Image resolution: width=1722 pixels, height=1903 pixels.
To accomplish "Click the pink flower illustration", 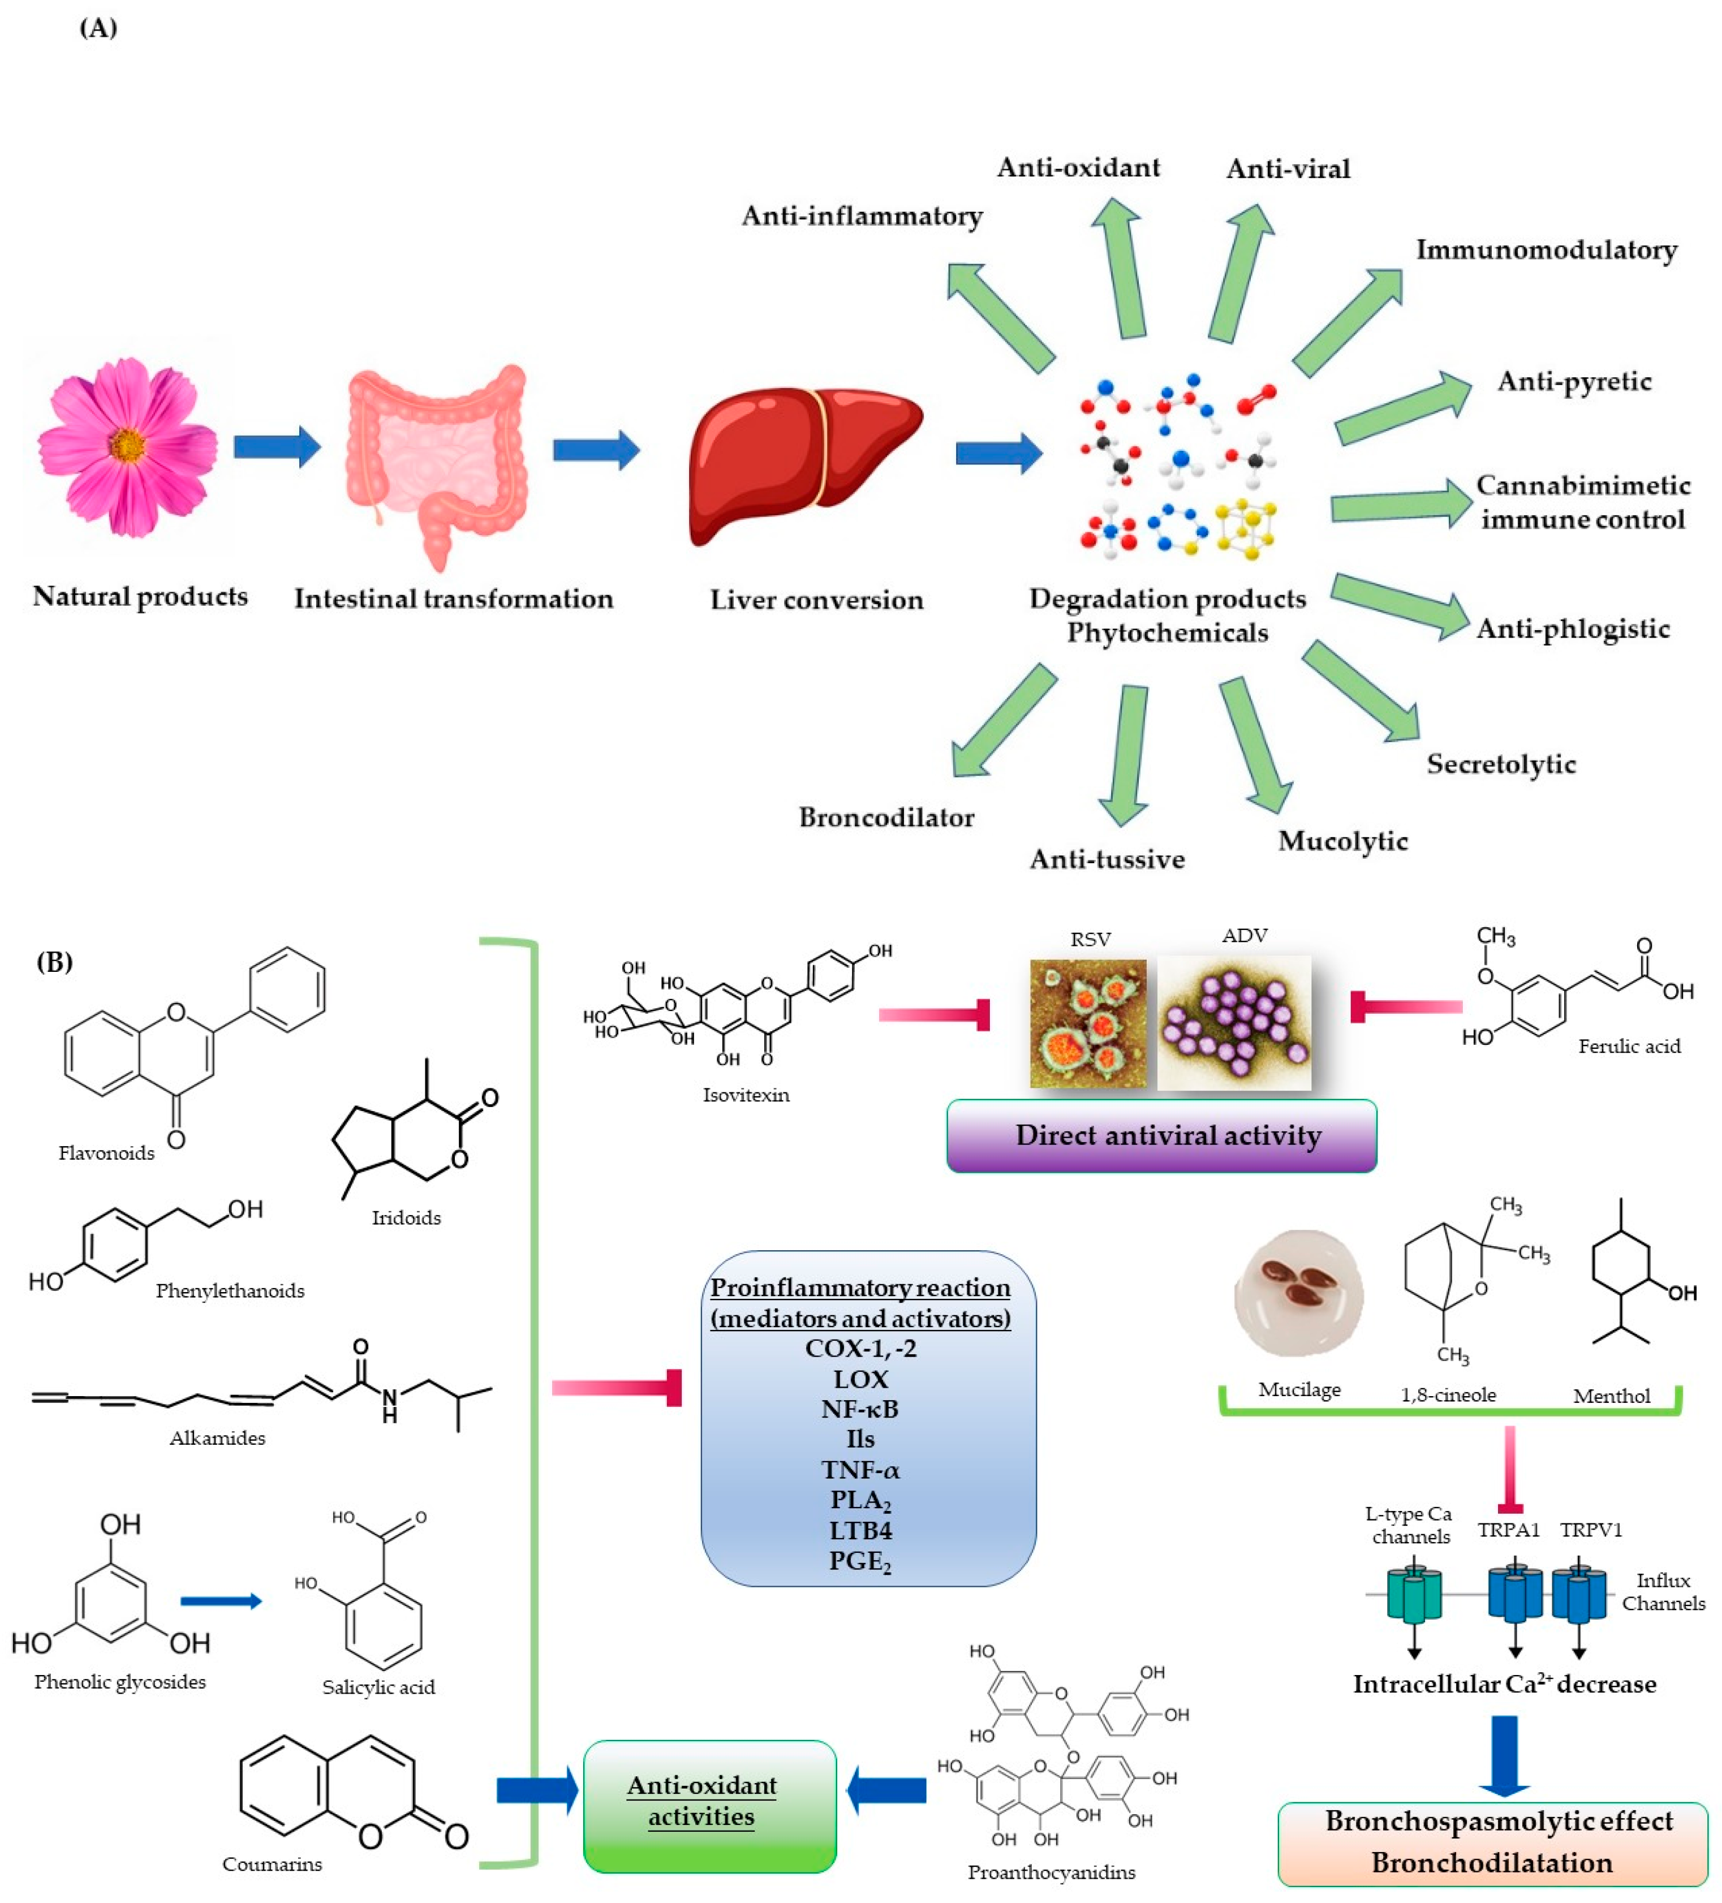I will (127, 446).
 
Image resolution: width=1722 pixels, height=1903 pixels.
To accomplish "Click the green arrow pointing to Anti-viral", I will (1239, 274).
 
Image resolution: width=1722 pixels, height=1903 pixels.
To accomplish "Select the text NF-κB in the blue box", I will (859, 1409).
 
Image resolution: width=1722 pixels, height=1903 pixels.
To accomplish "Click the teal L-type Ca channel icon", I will (1413, 1594).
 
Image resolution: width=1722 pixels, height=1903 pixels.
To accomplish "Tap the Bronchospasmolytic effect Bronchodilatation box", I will (1492, 1842).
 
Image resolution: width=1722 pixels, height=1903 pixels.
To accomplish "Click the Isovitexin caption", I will (745, 1095).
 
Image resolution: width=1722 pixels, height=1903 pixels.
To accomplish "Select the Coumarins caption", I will (272, 1863).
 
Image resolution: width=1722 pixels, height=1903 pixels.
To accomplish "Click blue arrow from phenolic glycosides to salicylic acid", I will (220, 1601).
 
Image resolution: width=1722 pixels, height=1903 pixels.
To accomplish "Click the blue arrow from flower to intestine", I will (277, 446).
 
